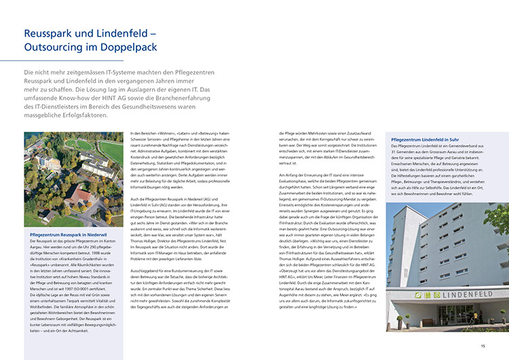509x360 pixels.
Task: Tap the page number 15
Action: tap(483, 346)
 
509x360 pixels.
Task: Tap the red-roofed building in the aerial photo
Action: tap(81, 196)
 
